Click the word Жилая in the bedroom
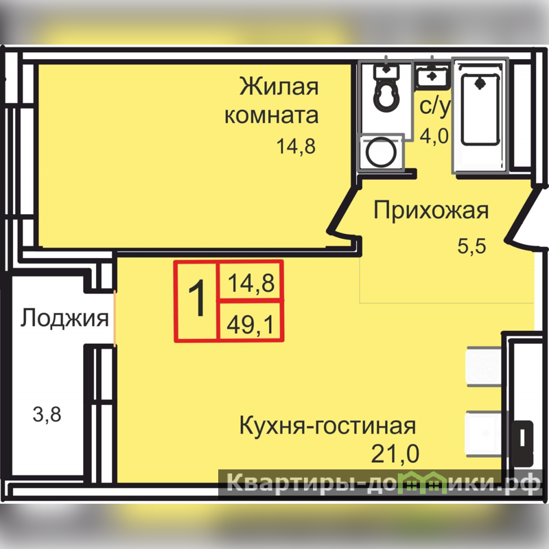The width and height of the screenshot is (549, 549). [279, 86]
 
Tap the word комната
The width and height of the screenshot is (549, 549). [271, 115]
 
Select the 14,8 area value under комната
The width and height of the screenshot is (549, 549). [296, 146]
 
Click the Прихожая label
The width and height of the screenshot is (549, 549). [431, 211]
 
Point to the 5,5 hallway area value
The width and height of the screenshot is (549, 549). [471, 246]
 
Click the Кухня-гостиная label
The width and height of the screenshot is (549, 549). [328, 425]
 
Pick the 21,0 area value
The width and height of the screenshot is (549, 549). [395, 454]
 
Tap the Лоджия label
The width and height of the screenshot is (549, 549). [65, 318]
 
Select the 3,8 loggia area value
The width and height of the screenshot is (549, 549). [47, 414]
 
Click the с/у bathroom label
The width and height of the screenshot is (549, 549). [434, 106]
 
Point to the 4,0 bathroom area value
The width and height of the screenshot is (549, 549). [434, 135]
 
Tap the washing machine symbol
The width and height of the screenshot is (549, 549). [382, 152]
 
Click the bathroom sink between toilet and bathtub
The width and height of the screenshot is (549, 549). [432, 76]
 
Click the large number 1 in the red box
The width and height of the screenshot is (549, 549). [198, 299]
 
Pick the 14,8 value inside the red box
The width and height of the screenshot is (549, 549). [251, 283]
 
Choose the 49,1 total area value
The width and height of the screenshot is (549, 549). [250, 325]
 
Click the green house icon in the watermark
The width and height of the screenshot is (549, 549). [424, 483]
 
